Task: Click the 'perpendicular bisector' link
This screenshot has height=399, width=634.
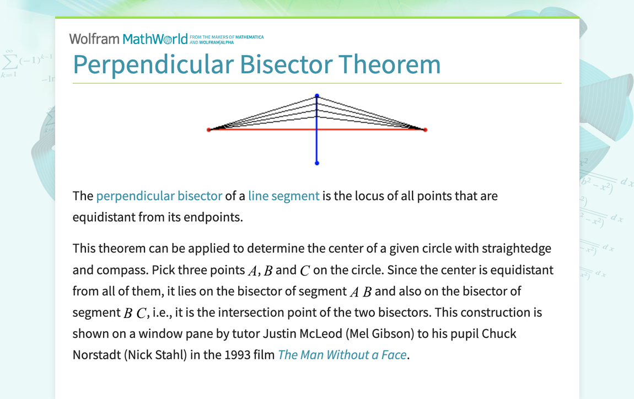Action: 159,196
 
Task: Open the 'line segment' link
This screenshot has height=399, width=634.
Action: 283,196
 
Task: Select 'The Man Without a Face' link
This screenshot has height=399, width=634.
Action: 342,354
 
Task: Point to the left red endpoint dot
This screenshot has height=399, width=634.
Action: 209,130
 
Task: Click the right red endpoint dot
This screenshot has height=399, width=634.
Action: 425,130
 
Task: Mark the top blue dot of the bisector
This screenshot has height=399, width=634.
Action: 317,96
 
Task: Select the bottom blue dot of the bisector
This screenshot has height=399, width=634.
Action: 317,163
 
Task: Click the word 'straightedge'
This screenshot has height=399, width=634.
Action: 516,249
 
